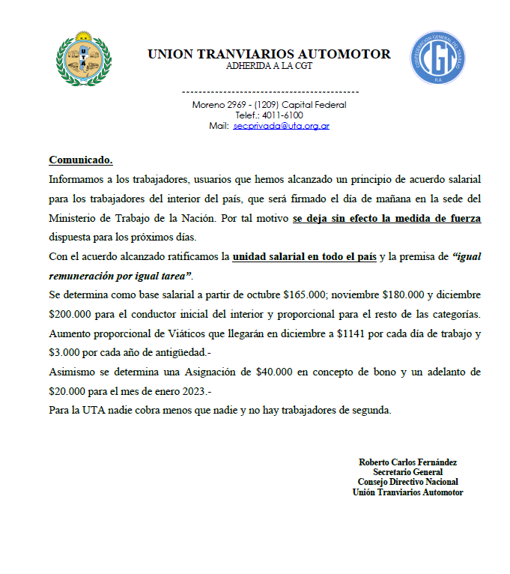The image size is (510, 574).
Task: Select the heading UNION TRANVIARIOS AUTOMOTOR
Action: click(269, 54)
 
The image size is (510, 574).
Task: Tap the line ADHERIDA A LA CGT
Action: click(269, 65)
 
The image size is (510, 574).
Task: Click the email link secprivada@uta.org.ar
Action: click(282, 126)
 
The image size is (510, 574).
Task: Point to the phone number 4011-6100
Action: click(283, 115)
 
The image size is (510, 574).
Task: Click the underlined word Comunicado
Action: click(81, 160)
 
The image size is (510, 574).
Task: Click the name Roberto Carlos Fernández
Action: click(408, 462)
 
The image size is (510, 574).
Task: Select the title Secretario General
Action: click(408, 472)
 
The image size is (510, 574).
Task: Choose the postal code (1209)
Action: click(267, 105)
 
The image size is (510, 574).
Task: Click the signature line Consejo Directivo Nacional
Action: click(408, 482)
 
